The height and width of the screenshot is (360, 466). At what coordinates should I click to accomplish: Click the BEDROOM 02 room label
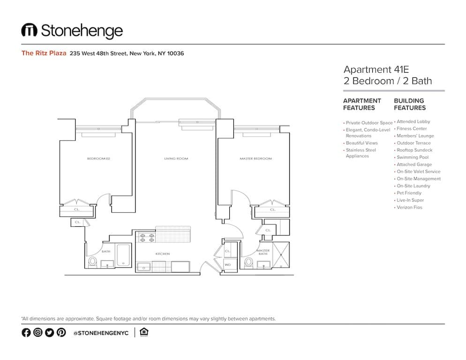click(98, 158)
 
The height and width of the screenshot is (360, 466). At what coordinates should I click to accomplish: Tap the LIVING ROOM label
click(176, 158)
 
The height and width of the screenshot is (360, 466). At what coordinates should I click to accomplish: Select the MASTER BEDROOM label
click(256, 158)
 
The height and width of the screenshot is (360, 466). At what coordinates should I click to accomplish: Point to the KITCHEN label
click(163, 254)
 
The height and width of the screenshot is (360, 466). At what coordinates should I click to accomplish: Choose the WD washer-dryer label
click(228, 265)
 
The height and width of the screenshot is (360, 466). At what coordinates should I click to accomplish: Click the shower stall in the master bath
click(281, 255)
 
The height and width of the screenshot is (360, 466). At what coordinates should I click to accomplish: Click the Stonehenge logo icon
click(29, 30)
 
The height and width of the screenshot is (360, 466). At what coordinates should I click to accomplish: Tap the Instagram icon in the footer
click(38, 332)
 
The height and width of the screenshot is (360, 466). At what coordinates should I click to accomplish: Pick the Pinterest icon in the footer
click(61, 332)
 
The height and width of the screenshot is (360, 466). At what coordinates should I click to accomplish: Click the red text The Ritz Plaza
click(44, 53)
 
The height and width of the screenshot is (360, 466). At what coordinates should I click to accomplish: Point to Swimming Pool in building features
click(413, 157)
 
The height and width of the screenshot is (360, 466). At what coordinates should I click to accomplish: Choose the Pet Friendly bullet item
click(409, 193)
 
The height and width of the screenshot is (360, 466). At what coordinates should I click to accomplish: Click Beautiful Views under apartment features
click(361, 143)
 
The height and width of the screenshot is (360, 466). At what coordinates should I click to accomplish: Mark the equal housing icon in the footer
click(144, 332)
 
